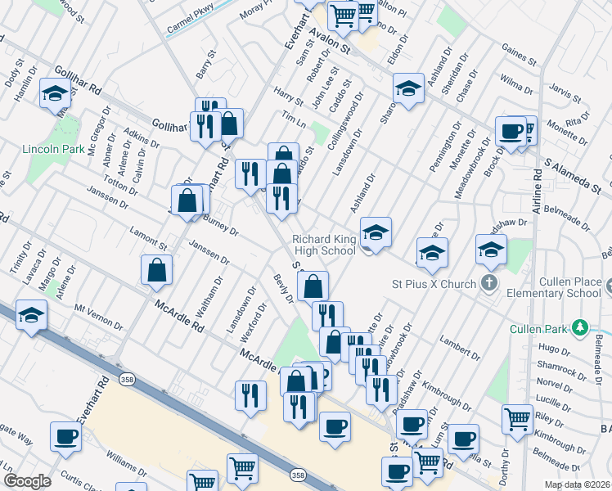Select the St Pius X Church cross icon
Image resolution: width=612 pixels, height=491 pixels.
[x=488, y=284]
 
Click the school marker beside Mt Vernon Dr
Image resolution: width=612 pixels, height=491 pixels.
[x=30, y=315]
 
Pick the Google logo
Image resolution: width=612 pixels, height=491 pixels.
[x=28, y=481]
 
